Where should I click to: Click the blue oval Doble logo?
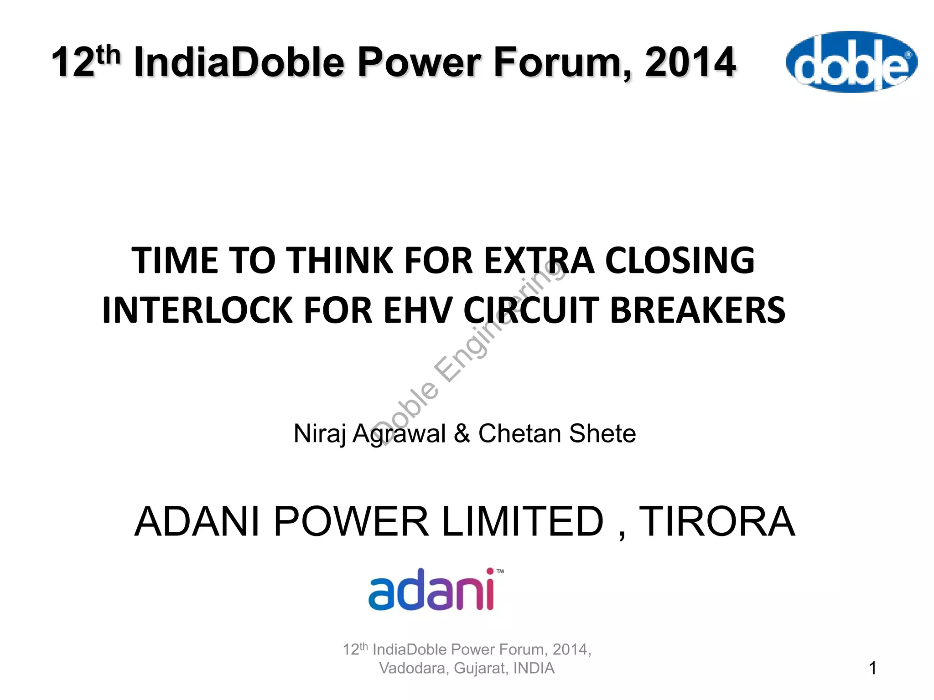851,62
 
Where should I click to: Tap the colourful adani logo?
431,590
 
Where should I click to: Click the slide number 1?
872,668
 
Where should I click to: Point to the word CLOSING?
680,260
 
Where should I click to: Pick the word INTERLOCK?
197,310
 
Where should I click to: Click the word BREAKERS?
697,310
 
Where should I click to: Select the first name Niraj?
319,433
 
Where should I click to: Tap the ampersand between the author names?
462,433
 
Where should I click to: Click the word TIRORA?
717,522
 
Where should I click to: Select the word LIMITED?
523,522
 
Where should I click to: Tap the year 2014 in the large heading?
690,62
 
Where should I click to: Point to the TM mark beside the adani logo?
500,571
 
